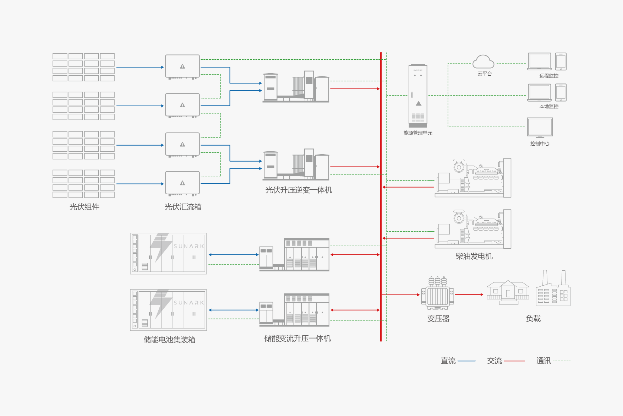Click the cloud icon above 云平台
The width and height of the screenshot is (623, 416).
[x=483, y=62]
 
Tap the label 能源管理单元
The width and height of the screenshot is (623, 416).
[x=418, y=133]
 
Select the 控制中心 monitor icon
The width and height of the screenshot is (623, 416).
[x=540, y=128]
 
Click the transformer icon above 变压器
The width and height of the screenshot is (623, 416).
[x=437, y=294]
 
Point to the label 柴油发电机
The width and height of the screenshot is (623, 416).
[x=474, y=256]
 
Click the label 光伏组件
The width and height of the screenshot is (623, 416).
[x=84, y=207]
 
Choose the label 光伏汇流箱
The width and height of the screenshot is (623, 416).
[x=183, y=207]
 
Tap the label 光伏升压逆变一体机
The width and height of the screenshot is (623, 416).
[x=299, y=190]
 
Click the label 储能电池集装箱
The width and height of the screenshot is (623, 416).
[x=169, y=340]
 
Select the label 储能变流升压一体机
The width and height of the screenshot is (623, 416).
[x=297, y=339]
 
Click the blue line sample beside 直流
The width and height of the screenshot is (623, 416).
[x=466, y=361]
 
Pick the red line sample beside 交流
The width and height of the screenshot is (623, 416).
[x=514, y=361]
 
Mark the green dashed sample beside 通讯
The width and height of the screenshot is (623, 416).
[x=562, y=361]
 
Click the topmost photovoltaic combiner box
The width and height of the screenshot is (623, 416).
[x=182, y=66]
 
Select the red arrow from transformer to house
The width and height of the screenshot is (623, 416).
[x=469, y=295]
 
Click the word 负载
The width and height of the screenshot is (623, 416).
[x=533, y=319]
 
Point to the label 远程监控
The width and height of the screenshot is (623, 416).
[x=549, y=76]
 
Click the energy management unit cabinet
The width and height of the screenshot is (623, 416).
[x=418, y=95]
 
